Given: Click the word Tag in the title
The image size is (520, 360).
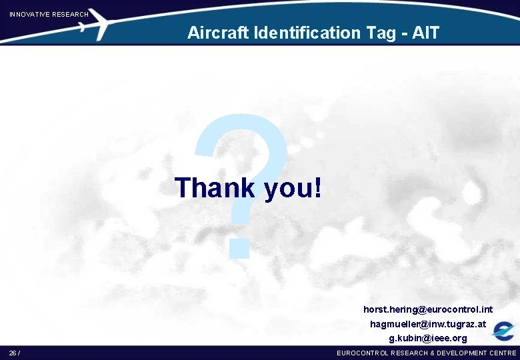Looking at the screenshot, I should tap(381, 32).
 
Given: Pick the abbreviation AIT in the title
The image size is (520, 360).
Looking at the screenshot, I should tap(426, 32).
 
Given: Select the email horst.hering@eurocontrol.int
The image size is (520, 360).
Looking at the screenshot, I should tap(428, 309).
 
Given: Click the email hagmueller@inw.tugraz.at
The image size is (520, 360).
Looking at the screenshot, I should tap(428, 324).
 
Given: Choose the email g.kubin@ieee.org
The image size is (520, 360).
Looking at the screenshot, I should tap(428, 338).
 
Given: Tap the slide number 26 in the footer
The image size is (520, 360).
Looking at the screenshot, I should tap(13, 353).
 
